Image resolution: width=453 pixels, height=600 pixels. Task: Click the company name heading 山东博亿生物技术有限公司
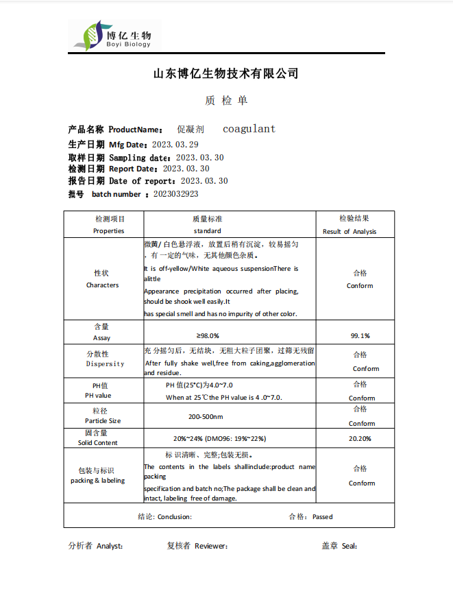(225, 73)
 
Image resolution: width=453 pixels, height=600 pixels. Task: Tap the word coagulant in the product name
(249, 129)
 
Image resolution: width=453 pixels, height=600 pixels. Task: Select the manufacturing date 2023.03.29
(175, 144)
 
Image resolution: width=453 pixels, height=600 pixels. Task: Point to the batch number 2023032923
(176, 194)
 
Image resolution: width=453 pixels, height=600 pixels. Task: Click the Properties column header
(109, 231)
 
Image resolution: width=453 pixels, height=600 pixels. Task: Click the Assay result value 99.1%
(360, 335)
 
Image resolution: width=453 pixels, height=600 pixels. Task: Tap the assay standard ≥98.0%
(207, 335)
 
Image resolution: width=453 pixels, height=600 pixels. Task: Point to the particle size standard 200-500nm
(206, 416)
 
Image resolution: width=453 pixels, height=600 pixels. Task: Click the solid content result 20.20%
(360, 438)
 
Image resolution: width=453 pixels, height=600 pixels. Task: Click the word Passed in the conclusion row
(322, 516)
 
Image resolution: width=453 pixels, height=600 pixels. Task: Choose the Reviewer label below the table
(210, 547)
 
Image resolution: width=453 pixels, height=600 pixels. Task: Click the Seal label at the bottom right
(349, 547)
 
